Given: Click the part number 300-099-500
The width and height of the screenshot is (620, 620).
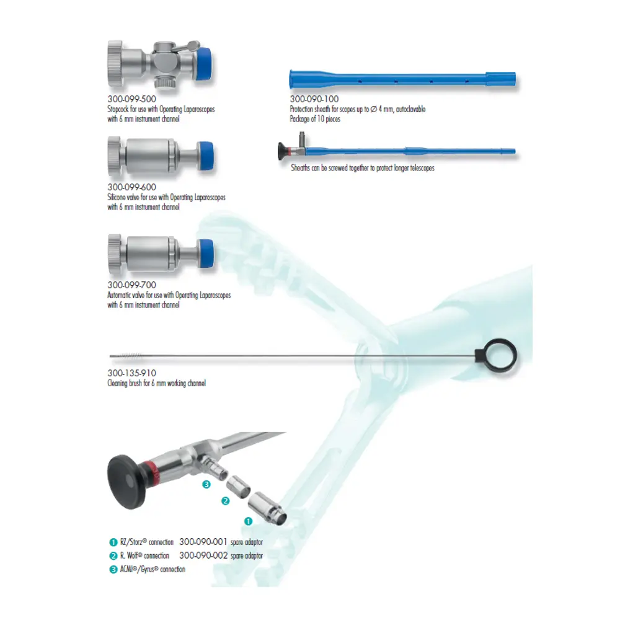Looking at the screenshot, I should click(131, 99).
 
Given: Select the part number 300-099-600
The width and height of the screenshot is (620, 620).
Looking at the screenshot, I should click(131, 187).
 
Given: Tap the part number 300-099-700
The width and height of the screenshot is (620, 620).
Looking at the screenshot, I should click(131, 285).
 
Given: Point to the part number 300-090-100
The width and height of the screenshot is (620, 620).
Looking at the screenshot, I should click(314, 99).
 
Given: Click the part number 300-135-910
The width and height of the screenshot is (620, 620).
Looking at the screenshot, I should click(131, 373).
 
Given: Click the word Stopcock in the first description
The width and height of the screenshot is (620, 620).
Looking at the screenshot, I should click(118, 108).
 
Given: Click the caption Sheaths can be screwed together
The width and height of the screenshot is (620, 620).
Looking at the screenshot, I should click(362, 168).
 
